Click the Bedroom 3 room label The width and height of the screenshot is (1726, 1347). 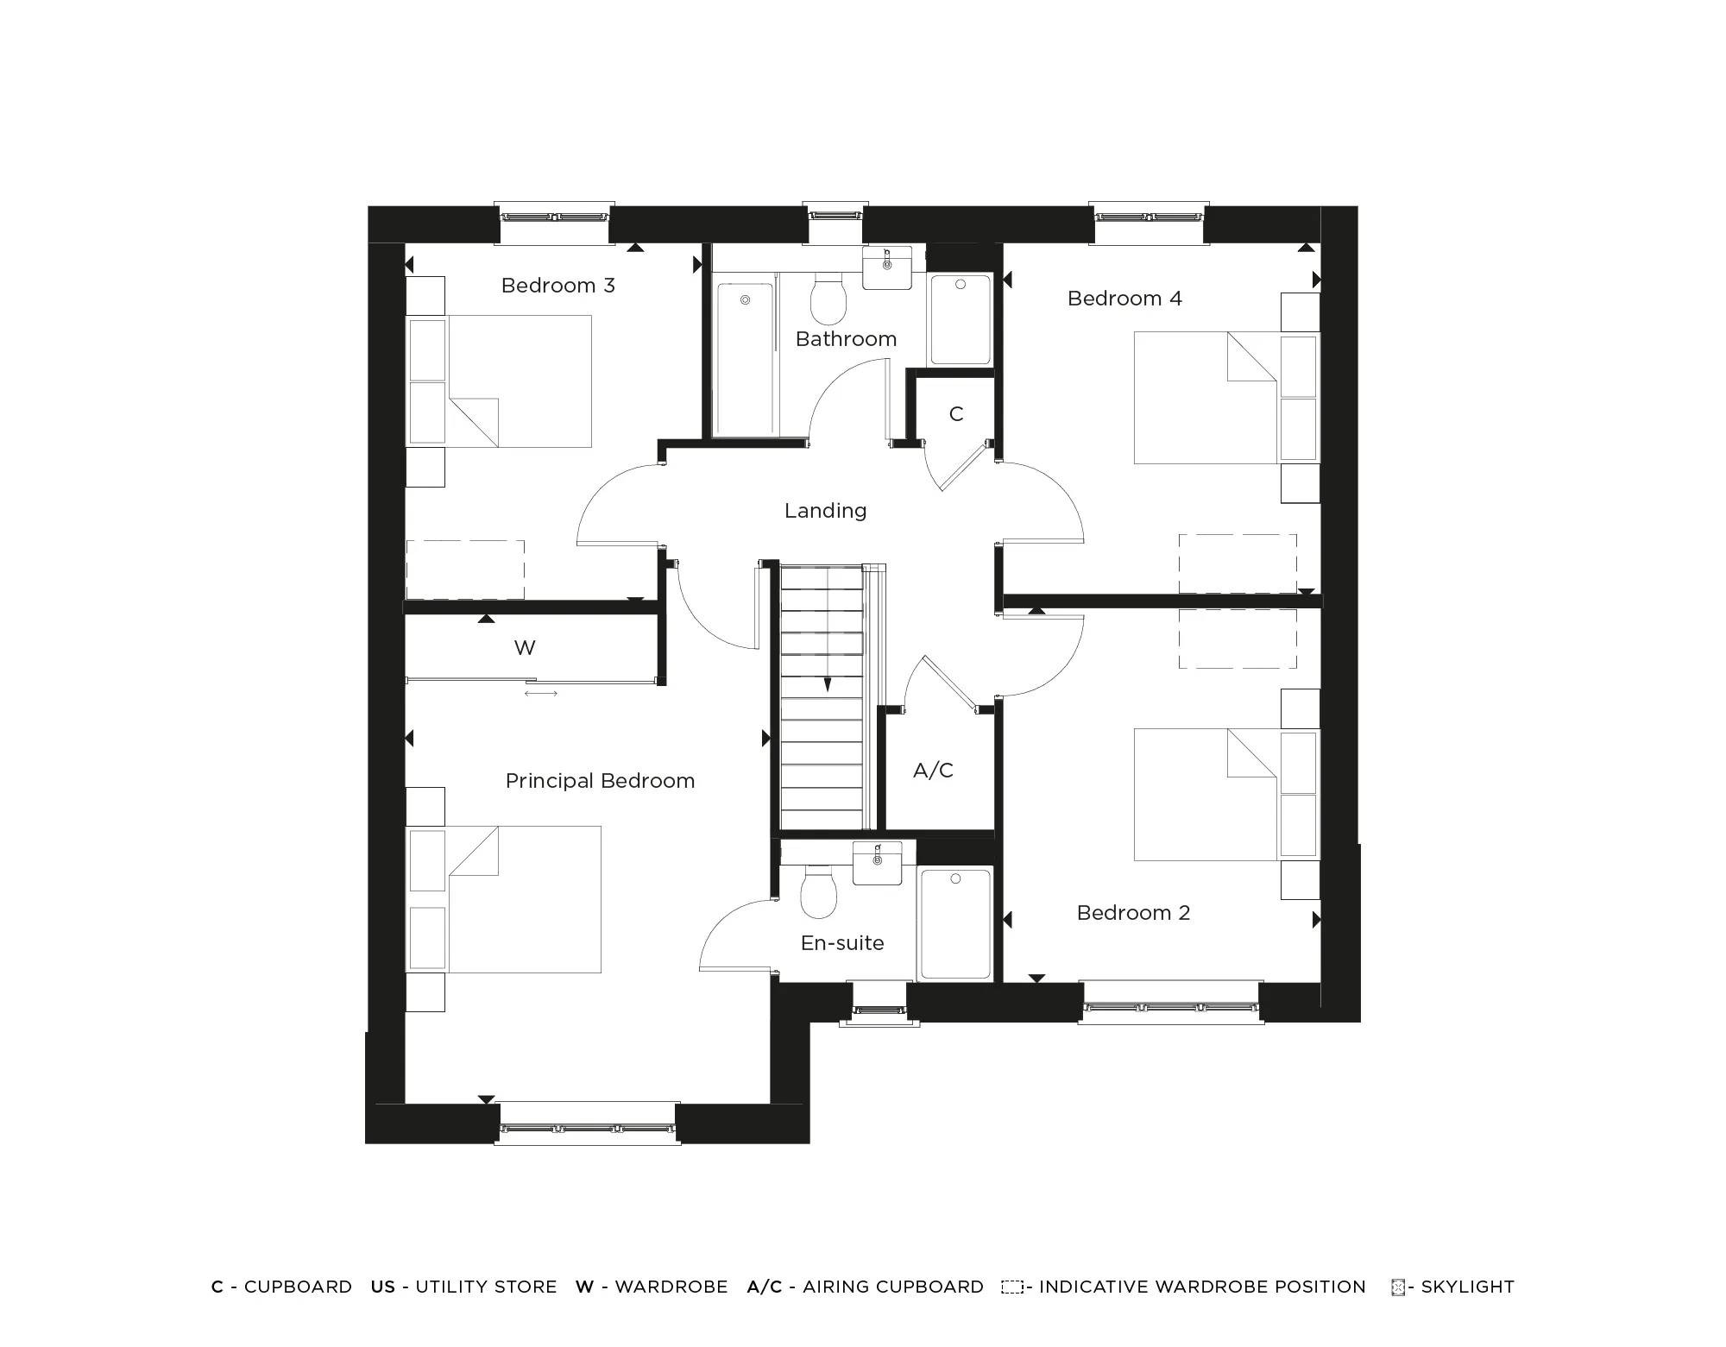(557, 286)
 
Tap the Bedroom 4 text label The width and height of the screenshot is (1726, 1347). (1124, 299)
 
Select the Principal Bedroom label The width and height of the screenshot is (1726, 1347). (600, 781)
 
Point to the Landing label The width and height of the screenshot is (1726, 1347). (825, 511)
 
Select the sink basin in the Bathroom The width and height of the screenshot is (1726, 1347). (887, 267)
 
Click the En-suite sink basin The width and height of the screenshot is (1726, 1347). (877, 862)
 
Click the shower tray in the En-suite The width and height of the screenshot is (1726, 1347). (955, 923)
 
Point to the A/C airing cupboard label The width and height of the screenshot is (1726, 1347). (933, 771)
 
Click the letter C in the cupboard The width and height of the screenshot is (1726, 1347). (955, 414)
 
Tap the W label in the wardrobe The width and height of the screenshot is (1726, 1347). (525, 648)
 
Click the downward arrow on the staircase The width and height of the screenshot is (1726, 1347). (827, 684)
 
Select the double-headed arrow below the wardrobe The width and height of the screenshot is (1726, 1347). (541, 693)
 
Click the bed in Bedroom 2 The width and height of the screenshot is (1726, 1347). (1208, 794)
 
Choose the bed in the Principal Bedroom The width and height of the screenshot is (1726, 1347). (518, 899)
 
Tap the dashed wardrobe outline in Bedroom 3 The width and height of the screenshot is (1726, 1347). (465, 570)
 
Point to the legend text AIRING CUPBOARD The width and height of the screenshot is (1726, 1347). (892, 1287)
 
